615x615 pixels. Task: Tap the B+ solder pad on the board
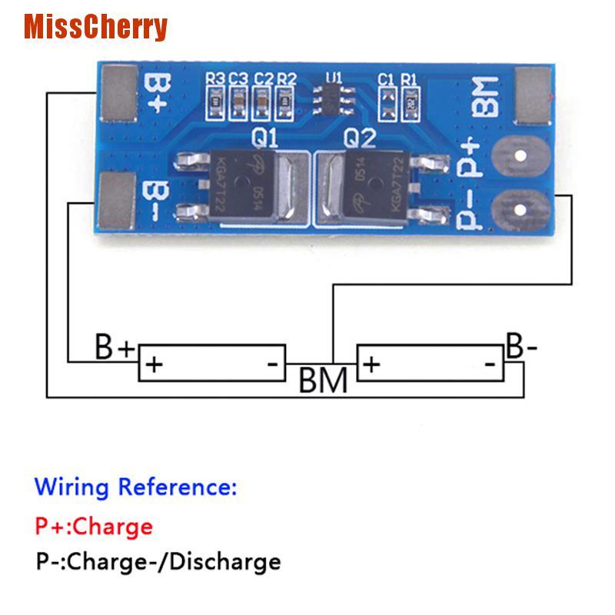coord(119,95)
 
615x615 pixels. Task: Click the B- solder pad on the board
coord(118,201)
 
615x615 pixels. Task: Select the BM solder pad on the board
coord(533,95)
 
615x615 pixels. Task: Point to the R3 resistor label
coord(214,78)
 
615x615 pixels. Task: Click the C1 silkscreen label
coord(386,78)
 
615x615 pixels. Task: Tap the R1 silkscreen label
coord(408,78)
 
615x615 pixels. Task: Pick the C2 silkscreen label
coord(264,78)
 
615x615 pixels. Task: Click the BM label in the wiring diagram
coord(322,380)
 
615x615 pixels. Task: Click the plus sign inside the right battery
coord(371,364)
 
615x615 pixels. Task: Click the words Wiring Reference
coord(136,487)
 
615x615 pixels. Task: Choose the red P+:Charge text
coord(94,527)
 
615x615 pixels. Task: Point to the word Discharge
coord(224,562)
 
